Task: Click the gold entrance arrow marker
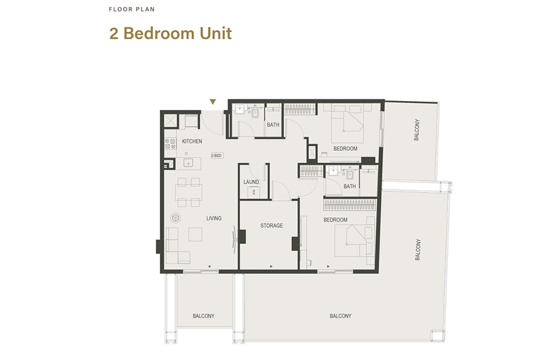(213, 102)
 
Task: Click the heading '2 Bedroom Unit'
(171, 33)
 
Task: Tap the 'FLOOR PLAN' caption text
(132, 9)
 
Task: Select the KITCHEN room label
(192, 141)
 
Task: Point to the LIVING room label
(214, 218)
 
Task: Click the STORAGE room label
(272, 225)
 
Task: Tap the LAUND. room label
(251, 182)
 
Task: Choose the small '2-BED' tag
(217, 155)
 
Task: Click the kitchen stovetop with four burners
(170, 143)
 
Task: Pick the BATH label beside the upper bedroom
(273, 124)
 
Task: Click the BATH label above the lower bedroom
(349, 186)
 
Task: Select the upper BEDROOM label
(345, 148)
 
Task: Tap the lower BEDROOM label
(335, 220)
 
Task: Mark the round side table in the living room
(176, 217)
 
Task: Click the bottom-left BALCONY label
(203, 316)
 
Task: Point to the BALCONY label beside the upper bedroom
(416, 130)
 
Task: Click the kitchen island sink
(188, 164)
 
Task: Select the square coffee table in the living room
(195, 234)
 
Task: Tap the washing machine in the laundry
(253, 193)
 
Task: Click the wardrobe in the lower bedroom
(349, 205)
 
